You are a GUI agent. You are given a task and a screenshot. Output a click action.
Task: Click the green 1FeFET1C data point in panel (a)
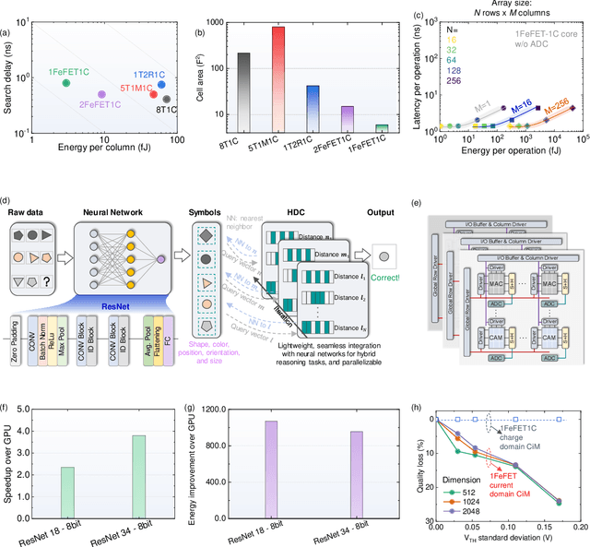coord(65,83)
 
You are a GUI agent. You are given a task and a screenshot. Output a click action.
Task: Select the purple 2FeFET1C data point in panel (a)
coord(102,94)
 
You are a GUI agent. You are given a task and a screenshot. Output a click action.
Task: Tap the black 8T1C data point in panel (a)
coord(166,99)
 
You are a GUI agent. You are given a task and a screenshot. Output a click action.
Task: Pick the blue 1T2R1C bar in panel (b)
coord(313,110)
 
